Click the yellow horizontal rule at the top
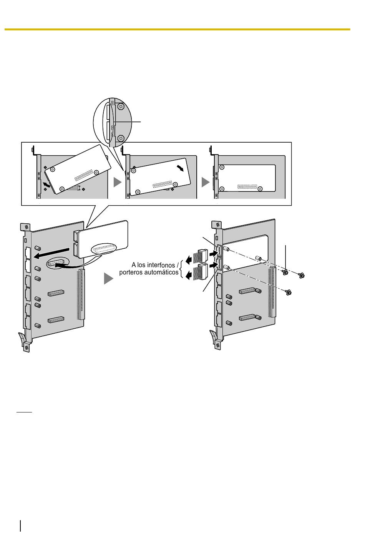178,30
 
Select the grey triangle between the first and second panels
118,182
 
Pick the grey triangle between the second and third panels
206,182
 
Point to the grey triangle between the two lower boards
108,279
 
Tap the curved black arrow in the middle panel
180,168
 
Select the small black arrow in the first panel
46,185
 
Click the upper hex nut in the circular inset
121,106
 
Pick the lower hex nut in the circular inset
121,138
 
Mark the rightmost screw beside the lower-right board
301,276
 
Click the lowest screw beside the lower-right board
288,293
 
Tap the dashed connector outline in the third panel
247,186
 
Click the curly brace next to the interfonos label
182,269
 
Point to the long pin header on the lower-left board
81,294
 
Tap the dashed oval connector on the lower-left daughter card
103,249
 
